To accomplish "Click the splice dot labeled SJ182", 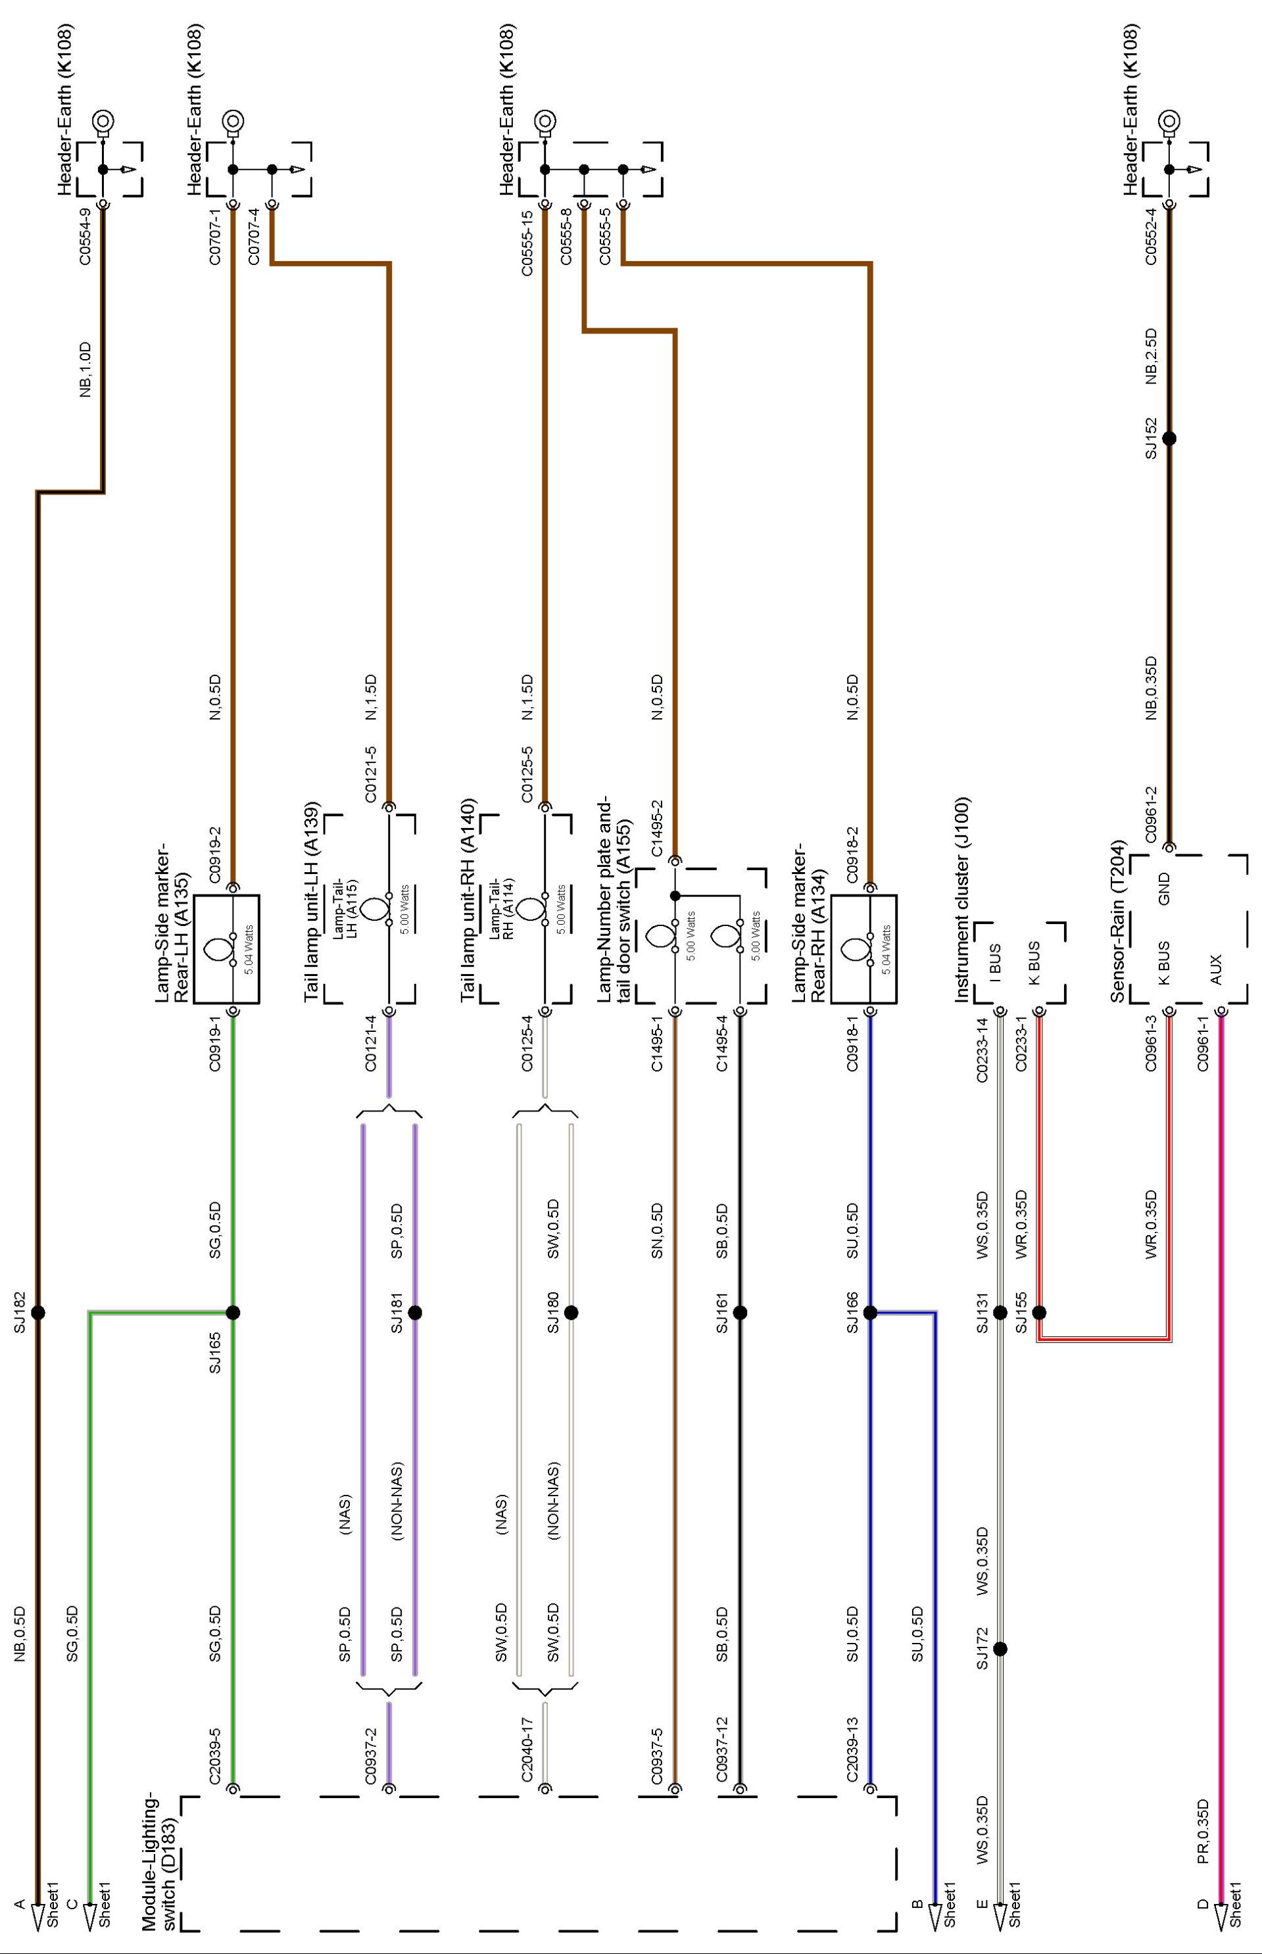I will (x=37, y=1313).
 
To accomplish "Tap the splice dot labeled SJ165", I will (x=233, y=1313).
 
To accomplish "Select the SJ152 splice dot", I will (x=1169, y=438).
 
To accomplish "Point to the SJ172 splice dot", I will (x=1000, y=1648).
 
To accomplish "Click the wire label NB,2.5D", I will (x=1151, y=356).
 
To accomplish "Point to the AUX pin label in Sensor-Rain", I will (x=1215, y=969).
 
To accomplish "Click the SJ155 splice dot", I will (x=1039, y=1313).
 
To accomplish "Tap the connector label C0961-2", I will (x=1151, y=815).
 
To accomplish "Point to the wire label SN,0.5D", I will (x=656, y=1231).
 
